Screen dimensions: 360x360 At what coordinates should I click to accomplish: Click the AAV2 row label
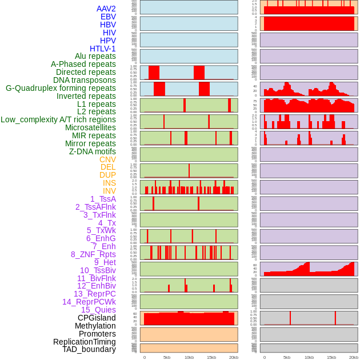click(x=106, y=9)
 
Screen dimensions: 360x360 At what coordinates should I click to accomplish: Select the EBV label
click(x=108, y=17)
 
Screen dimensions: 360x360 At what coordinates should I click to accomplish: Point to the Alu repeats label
click(x=95, y=56)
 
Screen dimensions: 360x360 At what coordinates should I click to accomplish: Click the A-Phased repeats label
click(x=83, y=64)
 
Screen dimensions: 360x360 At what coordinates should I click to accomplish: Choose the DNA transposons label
click(x=85, y=80)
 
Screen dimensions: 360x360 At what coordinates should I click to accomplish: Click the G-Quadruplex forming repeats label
click(x=61, y=88)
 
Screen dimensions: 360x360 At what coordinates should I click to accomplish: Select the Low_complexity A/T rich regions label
click(x=58, y=119)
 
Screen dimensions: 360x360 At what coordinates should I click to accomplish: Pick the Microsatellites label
click(x=91, y=127)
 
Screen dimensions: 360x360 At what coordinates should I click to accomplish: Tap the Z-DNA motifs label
click(x=93, y=151)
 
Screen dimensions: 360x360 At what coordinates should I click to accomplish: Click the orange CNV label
click(x=107, y=159)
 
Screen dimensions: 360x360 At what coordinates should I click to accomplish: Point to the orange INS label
click(x=109, y=183)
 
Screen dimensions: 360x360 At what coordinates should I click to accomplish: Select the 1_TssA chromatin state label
click(x=103, y=199)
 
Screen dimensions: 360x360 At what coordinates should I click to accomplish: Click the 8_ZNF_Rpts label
click(x=93, y=254)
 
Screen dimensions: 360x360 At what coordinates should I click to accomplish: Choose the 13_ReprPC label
click(x=95, y=294)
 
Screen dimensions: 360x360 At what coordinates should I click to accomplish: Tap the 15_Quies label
click(x=98, y=310)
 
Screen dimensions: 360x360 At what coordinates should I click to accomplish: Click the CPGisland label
click(x=97, y=318)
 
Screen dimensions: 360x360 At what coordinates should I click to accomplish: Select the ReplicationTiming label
click(x=85, y=342)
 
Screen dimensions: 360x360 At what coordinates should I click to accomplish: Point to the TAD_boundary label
click(x=89, y=349)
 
